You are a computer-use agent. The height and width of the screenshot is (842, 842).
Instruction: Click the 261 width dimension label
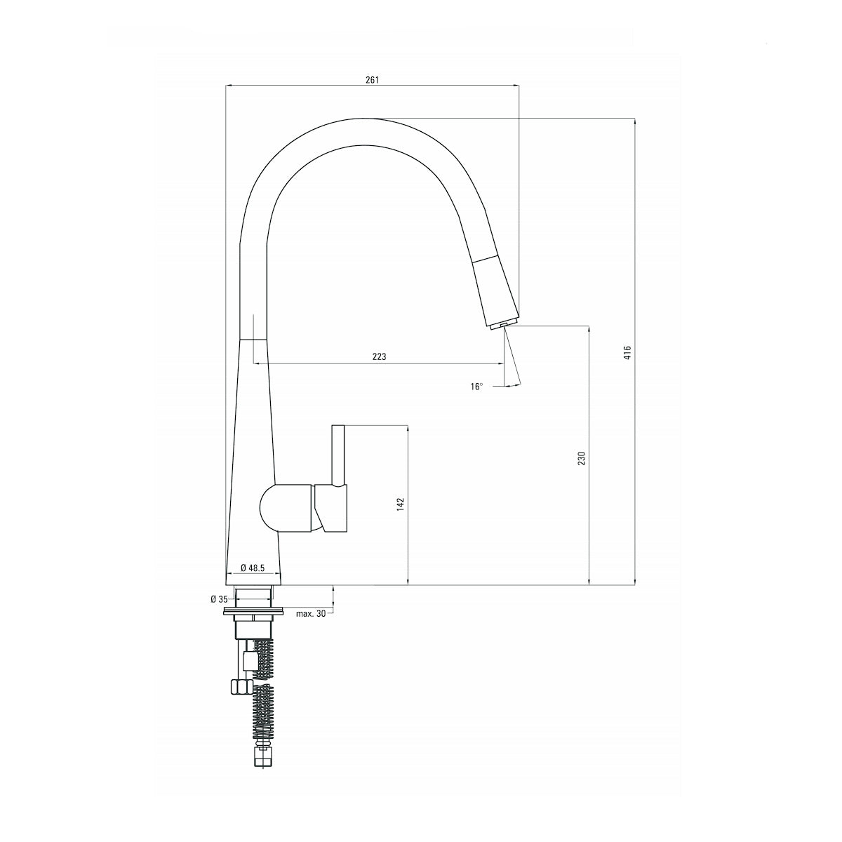coord(372,79)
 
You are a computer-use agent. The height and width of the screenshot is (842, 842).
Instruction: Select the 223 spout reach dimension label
coord(379,356)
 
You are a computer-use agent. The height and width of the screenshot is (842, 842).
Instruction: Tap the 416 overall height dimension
coord(628,352)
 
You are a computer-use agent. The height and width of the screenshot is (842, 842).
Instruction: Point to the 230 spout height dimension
coord(581,458)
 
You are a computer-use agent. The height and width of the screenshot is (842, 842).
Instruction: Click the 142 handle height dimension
coord(401,504)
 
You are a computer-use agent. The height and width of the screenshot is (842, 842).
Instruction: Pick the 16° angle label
coord(477,386)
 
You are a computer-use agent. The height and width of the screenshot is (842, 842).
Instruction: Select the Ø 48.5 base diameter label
coord(253,567)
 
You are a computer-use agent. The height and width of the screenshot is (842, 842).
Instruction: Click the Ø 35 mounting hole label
coord(219,599)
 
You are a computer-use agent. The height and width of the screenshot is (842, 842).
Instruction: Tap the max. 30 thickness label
coord(310,613)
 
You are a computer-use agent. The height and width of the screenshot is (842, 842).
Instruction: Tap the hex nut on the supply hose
coord(240,686)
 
